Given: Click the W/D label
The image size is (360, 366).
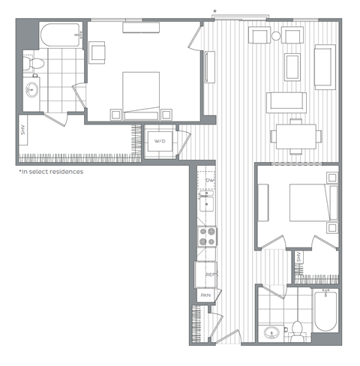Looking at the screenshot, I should point(160,141).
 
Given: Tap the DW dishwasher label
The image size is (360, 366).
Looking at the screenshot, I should point(210,181).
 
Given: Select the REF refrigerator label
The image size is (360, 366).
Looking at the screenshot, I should point(211,274).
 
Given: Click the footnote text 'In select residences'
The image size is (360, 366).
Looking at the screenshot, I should point(51,172).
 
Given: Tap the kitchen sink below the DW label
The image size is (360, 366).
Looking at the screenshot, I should point(208,202).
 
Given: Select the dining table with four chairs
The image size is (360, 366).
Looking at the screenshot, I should point(296,136).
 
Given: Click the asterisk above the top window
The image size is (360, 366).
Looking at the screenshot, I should point(216,10).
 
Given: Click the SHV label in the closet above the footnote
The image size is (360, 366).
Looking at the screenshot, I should point(25,129).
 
